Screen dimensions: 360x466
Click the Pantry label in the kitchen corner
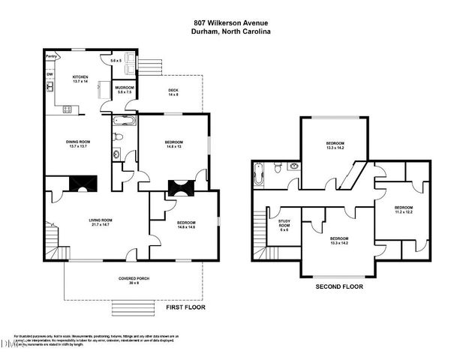click(52, 56)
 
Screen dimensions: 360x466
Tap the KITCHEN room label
click(80, 77)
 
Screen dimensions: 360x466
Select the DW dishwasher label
click(50, 74)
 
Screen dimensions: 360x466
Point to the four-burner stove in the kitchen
click(67, 109)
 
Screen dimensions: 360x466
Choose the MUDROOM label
click(124, 88)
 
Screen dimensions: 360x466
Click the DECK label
click(173, 91)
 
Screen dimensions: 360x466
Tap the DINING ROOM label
click(79, 141)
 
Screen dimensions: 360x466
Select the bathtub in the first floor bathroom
click(123, 120)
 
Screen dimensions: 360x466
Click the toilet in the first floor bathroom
click(117, 136)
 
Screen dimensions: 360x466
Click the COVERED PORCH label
click(134, 278)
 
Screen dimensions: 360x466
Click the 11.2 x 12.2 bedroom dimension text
click(404, 212)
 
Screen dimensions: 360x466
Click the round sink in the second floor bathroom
click(293, 166)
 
